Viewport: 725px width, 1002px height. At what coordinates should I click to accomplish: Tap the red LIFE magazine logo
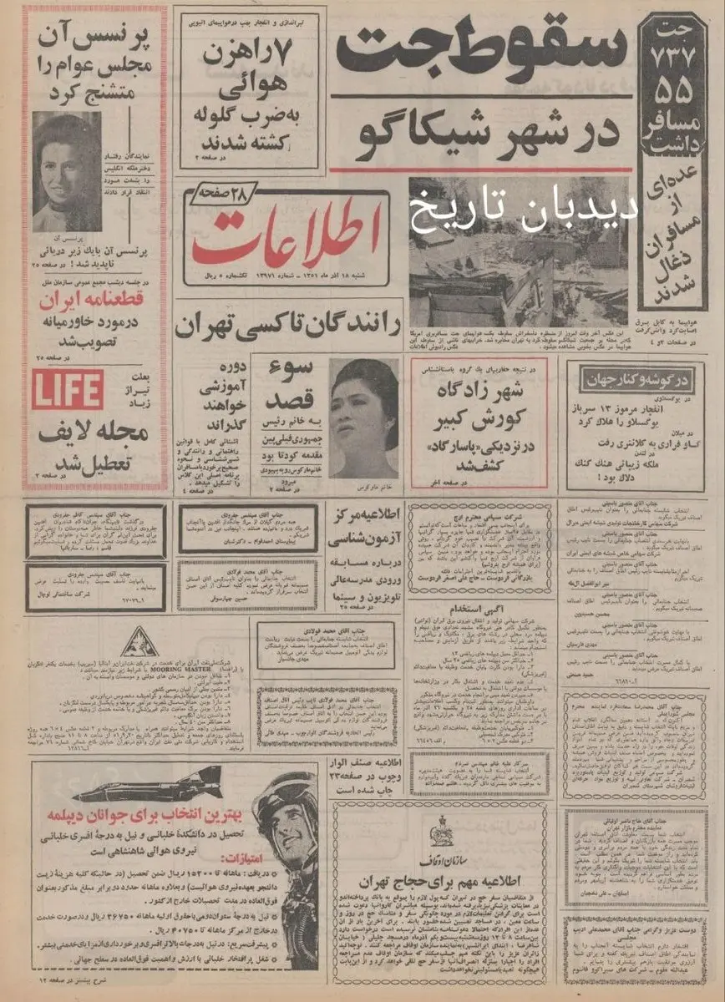point(68,390)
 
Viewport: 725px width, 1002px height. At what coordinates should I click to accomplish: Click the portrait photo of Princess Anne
point(67,171)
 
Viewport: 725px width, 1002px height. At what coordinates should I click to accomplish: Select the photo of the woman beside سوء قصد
point(363,417)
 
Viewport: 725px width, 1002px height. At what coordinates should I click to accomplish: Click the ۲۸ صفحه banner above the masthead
point(218,193)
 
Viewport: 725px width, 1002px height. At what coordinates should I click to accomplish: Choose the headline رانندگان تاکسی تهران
point(288,325)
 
